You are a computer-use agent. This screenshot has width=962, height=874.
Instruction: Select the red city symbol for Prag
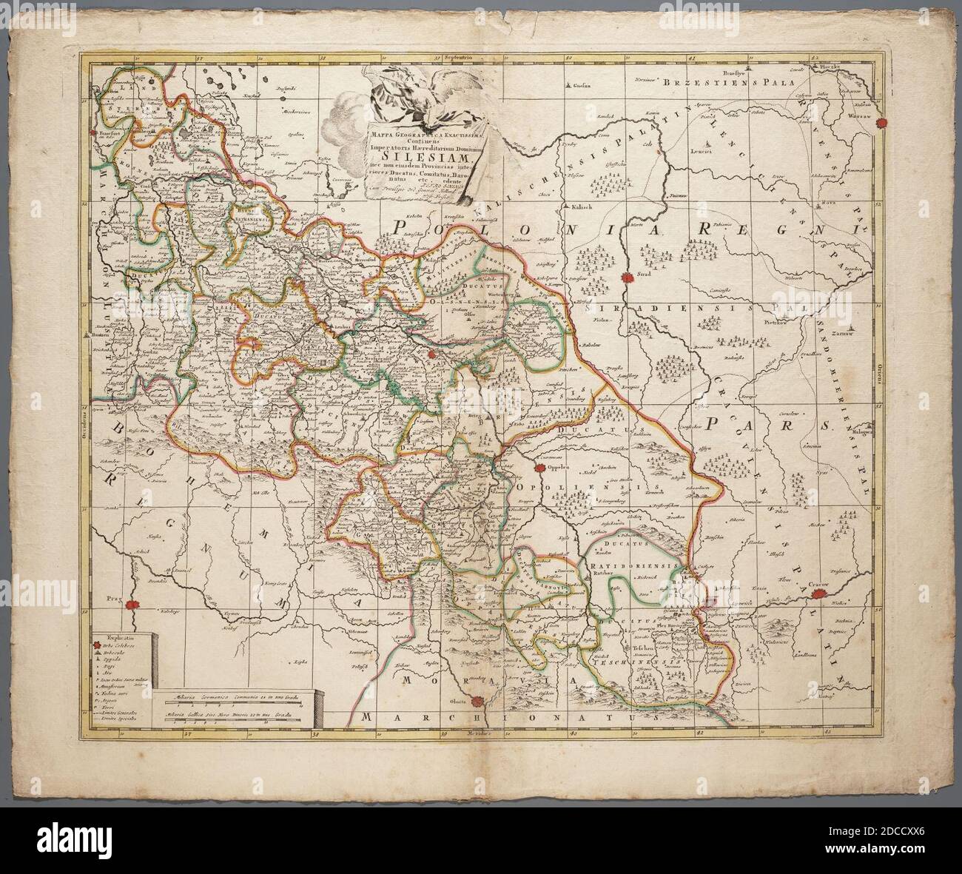(132, 604)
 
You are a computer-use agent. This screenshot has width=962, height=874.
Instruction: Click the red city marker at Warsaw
(881, 124)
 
